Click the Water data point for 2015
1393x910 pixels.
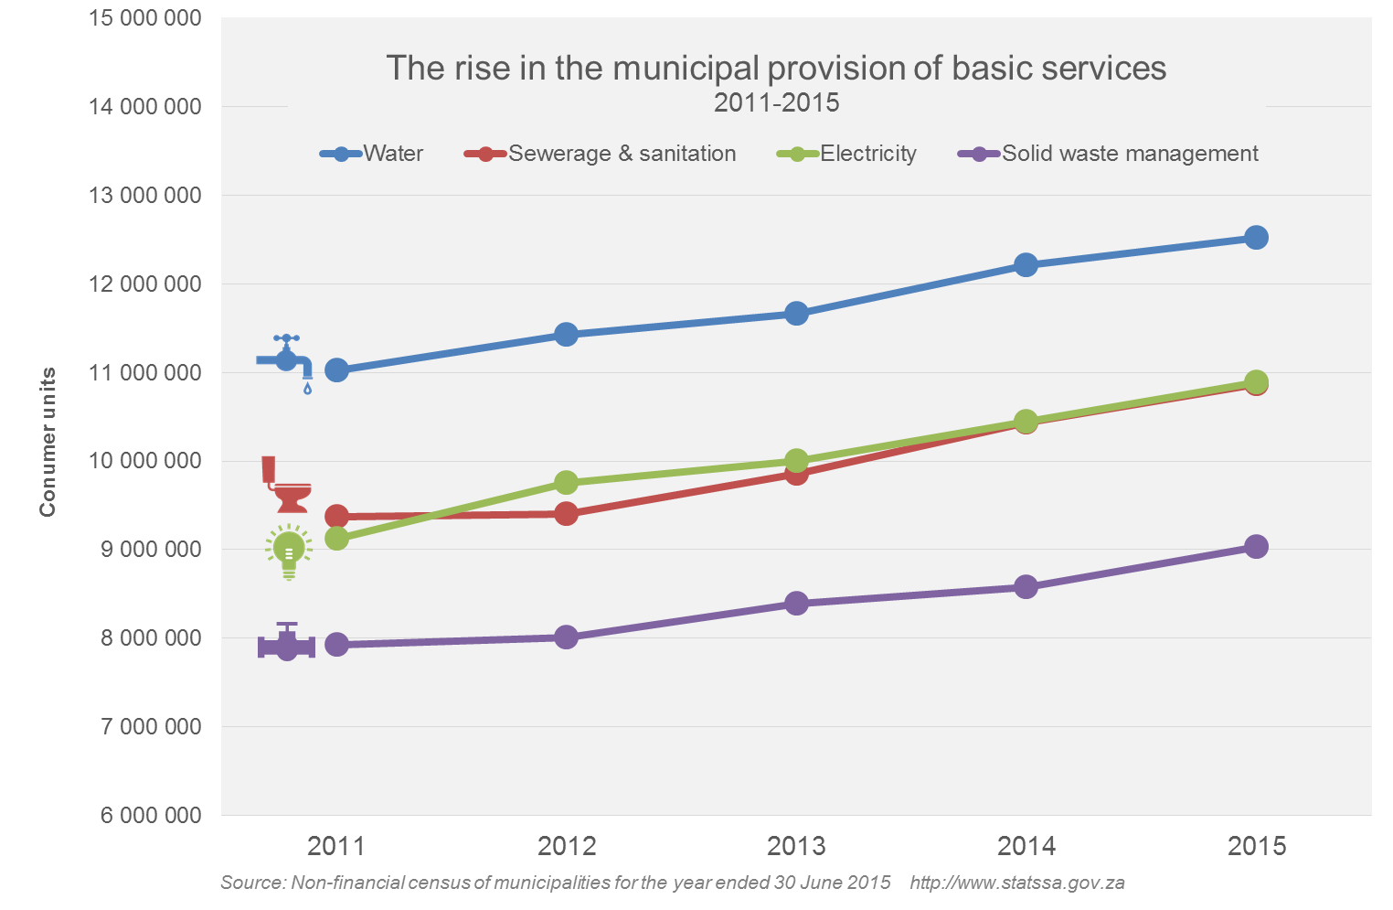[x=1256, y=238]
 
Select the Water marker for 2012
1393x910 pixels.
[x=566, y=334]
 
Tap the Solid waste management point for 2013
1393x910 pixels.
[x=796, y=604]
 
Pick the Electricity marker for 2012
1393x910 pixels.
[x=566, y=482]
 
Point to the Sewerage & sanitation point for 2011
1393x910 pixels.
[x=336, y=516]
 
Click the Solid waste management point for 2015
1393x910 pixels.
[x=1256, y=547]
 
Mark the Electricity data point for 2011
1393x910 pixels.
[x=336, y=538]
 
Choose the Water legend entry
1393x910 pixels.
[x=373, y=154]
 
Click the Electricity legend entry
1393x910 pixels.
[x=847, y=154]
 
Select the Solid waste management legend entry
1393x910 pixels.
[x=1109, y=154]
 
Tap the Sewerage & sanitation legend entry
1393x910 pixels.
[x=601, y=154]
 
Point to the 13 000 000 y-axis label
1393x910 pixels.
[x=144, y=196]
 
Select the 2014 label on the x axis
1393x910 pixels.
[x=1026, y=846]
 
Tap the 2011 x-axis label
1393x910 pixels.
[x=336, y=846]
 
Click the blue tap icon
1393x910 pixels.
[x=286, y=360]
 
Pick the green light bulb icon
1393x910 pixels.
[x=289, y=551]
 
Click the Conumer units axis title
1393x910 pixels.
[x=48, y=442]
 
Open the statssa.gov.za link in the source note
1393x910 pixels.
[x=1016, y=883]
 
